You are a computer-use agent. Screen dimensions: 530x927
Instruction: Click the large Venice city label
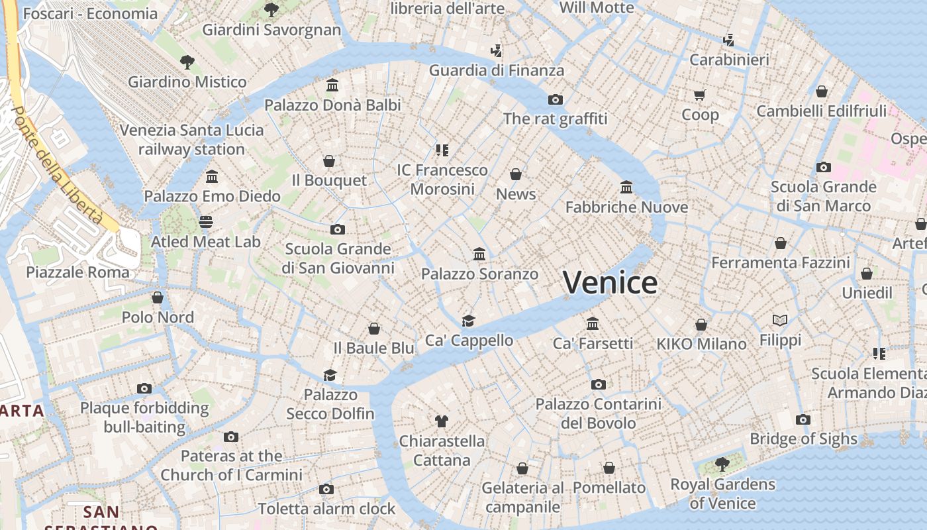610,283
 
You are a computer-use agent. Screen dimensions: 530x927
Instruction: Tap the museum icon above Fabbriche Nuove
626,187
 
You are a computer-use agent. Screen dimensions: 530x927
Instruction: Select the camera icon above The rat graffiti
555,99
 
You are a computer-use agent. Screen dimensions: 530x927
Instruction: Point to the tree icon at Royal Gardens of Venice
722,464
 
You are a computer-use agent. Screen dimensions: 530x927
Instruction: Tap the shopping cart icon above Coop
700,95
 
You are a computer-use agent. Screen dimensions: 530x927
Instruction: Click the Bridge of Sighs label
803,439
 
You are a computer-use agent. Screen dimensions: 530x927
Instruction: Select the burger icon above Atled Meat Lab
206,222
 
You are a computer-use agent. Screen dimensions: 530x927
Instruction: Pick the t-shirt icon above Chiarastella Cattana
442,421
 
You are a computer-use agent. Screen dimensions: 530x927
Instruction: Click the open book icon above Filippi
780,321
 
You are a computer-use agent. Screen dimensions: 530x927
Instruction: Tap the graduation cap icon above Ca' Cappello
469,321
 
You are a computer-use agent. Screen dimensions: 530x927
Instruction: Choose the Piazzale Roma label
77,272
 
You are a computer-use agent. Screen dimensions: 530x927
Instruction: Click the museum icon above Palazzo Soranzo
479,254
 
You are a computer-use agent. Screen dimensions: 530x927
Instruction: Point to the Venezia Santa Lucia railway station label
191,140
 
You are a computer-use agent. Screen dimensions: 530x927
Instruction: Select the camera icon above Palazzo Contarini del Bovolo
598,384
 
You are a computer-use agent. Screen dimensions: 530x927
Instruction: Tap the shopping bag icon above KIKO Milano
701,325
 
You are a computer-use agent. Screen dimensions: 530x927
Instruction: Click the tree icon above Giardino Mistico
187,62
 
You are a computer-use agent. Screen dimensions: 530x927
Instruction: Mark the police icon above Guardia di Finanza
496,50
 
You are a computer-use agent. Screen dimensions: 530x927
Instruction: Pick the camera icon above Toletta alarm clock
326,489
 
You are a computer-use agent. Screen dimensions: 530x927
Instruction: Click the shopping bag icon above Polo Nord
158,297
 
